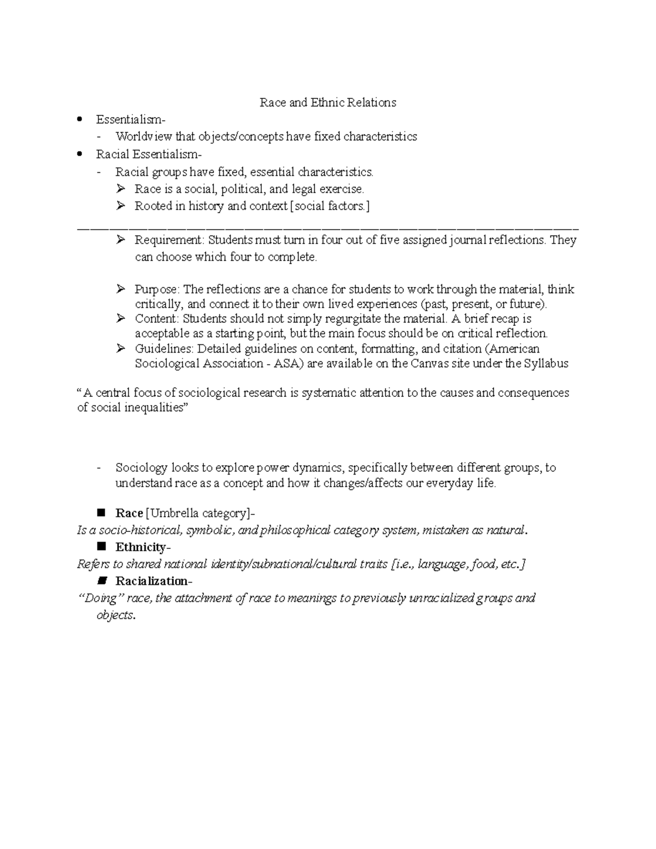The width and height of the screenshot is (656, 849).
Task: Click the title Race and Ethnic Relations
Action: pyautogui.click(x=327, y=103)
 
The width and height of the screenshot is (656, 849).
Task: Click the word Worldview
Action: pyautogui.click(x=144, y=137)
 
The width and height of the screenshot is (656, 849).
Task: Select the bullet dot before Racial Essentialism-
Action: pyautogui.click(x=81, y=154)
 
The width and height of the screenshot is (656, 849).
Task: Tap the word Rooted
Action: pyautogui.click(x=151, y=206)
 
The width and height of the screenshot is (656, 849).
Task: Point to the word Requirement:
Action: pyautogui.click(x=169, y=240)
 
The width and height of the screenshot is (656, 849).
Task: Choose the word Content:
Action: pyautogui.click(x=157, y=319)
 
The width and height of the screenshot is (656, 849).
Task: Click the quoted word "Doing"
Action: pyautogui.click(x=99, y=598)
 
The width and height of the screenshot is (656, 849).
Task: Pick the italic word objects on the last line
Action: pyautogui.click(x=115, y=615)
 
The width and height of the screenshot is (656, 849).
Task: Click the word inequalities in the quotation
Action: pyautogui.click(x=148, y=408)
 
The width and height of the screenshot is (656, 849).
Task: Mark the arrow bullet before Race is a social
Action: pyautogui.click(x=120, y=189)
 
